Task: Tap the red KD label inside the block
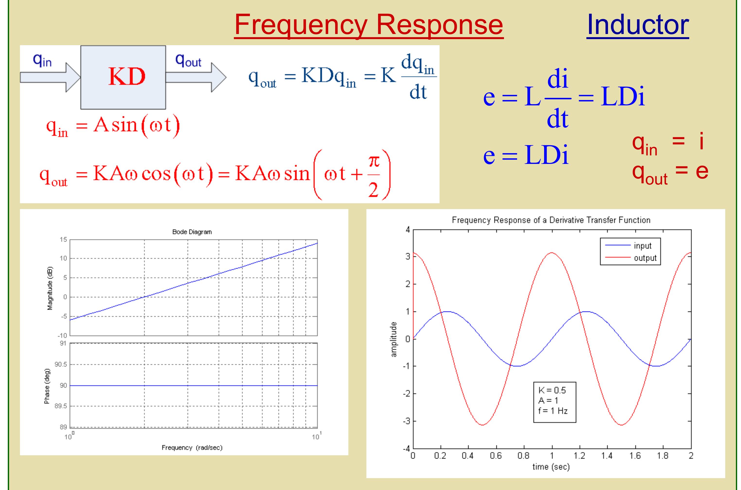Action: [x=127, y=77]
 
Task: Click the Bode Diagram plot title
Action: [x=192, y=232]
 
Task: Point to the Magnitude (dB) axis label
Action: [x=50, y=288]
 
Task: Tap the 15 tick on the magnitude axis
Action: [x=63, y=240]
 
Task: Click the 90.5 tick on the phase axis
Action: [x=61, y=364]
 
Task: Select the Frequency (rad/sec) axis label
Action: [x=192, y=448]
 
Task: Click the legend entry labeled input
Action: [x=642, y=246]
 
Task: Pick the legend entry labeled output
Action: [x=645, y=258]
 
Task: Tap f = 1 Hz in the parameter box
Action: [x=553, y=411]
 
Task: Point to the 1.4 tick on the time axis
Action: [x=607, y=456]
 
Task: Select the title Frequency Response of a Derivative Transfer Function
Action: [x=551, y=220]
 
